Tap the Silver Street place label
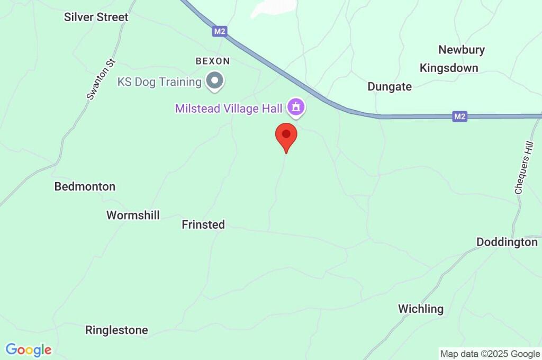(96, 17)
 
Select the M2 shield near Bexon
(220, 32)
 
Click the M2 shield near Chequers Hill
(460, 116)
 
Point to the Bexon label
(212, 61)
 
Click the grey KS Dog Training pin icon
(215, 81)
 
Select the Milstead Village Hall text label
(229, 108)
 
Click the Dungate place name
(390, 87)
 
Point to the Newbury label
(462, 50)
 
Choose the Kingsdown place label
(449, 68)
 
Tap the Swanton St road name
(101, 79)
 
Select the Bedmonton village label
(85, 186)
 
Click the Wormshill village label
(133, 215)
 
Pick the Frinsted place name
(203, 224)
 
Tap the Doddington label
(507, 242)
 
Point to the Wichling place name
(421, 309)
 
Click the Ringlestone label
(116, 330)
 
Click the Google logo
(29, 350)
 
